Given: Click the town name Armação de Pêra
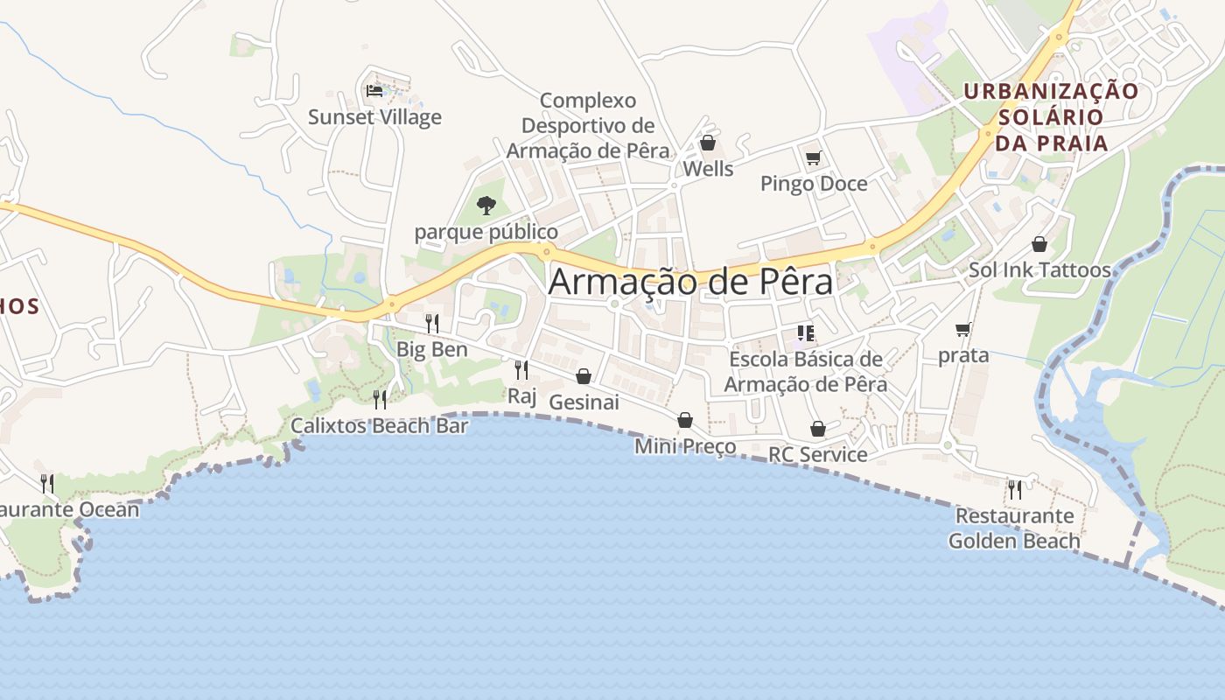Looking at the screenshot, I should click(690, 283).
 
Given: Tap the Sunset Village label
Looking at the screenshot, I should click(374, 117).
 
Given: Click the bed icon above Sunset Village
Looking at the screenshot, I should click(374, 90).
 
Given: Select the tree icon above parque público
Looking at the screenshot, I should click(486, 206).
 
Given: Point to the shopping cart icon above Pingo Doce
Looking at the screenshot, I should click(814, 157).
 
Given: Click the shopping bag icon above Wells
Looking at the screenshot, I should click(708, 143).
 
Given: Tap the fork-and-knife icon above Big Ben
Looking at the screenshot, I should click(431, 323).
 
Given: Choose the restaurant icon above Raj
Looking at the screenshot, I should click(521, 369).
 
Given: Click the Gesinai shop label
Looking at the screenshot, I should click(584, 402).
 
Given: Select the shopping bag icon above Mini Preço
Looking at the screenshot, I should click(685, 421).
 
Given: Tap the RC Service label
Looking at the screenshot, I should click(817, 454).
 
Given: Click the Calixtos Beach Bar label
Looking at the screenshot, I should click(380, 426).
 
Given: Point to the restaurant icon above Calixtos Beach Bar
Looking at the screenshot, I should click(380, 400).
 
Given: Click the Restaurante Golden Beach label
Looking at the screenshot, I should click(1014, 528).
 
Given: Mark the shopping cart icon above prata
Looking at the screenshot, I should click(963, 330).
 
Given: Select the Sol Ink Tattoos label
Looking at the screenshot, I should click(1039, 270).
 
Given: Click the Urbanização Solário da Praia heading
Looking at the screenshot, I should click(1051, 117).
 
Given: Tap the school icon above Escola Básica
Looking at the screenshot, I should click(805, 332).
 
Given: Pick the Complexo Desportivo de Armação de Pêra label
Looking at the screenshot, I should click(588, 125).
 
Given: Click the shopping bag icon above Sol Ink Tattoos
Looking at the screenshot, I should click(1039, 244).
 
